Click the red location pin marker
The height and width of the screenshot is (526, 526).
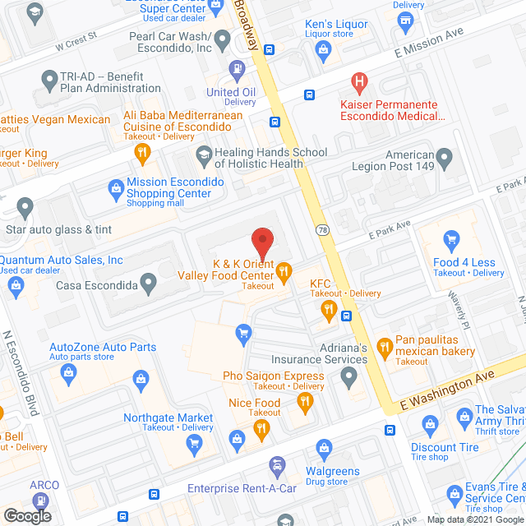[x=261, y=244]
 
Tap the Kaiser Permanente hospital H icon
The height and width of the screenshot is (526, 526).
[x=358, y=82]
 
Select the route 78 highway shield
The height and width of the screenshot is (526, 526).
[x=321, y=230]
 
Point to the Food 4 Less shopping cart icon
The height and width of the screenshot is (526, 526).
[x=450, y=241]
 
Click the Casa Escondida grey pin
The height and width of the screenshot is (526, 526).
[x=148, y=284]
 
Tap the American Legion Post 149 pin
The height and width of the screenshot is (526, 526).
[x=444, y=156]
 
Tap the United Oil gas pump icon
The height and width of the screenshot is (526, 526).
[x=238, y=69]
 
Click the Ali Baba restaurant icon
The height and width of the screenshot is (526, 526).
[x=142, y=151]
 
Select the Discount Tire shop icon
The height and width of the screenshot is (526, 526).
[x=428, y=425]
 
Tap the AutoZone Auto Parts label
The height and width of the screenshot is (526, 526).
[x=103, y=347]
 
